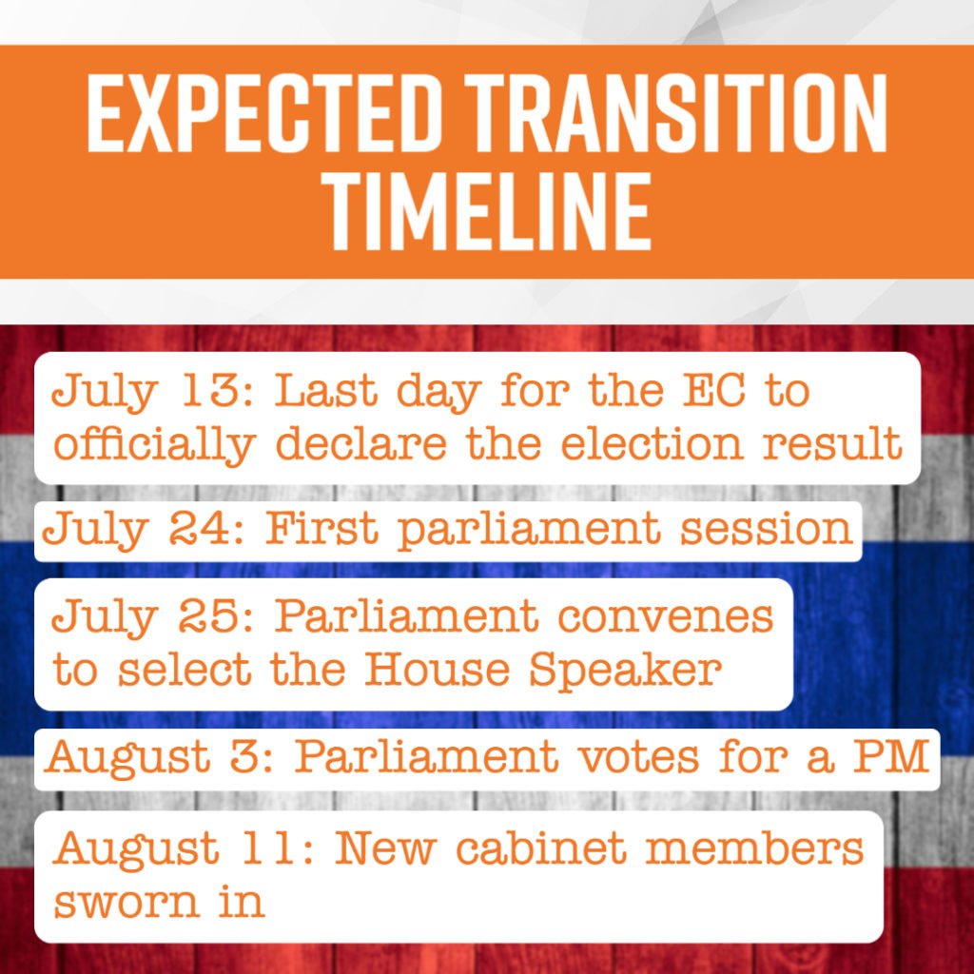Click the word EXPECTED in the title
pyautogui.click(x=264, y=112)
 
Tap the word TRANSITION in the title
pyautogui.click(x=676, y=112)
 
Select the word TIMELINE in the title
pyautogui.click(x=488, y=210)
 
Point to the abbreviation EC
pyautogui.click(x=713, y=391)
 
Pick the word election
pyautogui.click(x=652, y=443)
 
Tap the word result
pyautogui.click(x=831, y=443)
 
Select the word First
pyautogui.click(x=321, y=529)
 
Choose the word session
pyautogui.click(x=766, y=529)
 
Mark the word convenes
pyautogui.click(x=665, y=617)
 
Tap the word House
pyautogui.click(x=437, y=669)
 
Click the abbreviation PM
pyautogui.click(x=890, y=756)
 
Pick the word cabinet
pyautogui.click(x=541, y=847)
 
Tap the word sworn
pyautogui.click(x=127, y=903)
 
